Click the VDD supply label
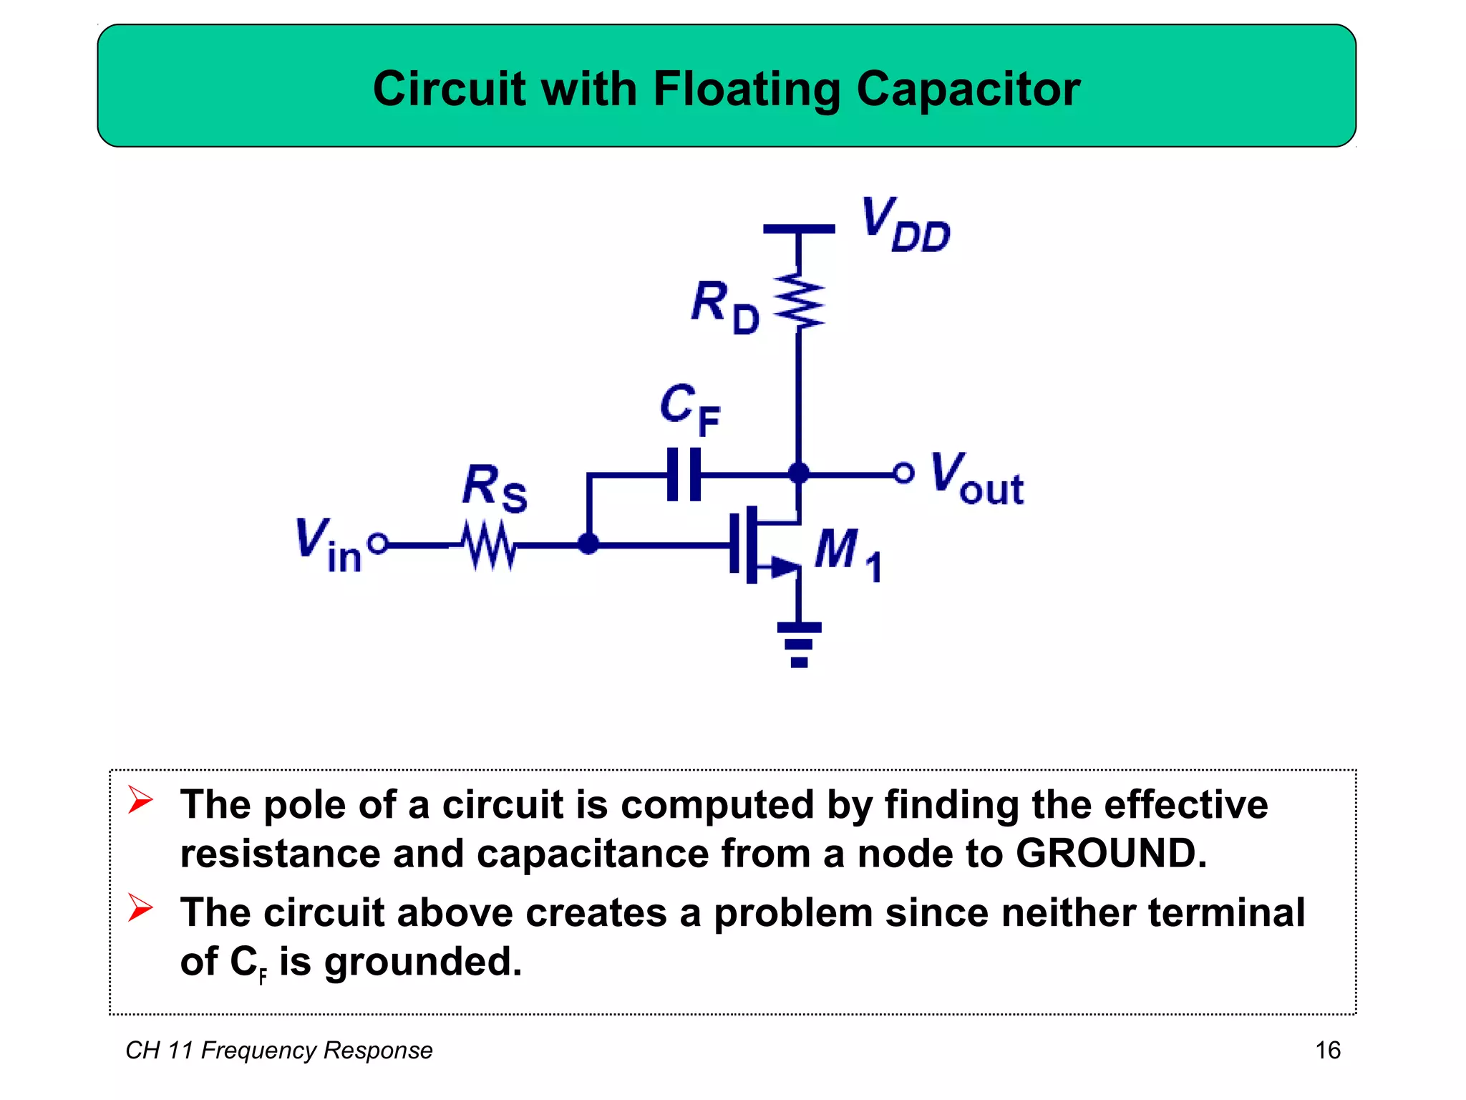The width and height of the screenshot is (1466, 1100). (x=906, y=225)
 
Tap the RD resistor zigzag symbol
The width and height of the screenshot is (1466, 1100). (x=799, y=300)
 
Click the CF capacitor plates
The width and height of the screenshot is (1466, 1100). (x=684, y=474)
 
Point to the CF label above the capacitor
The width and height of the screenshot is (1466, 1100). (x=689, y=409)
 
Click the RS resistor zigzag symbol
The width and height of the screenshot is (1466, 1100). (x=488, y=546)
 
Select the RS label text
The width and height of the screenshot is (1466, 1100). (x=494, y=488)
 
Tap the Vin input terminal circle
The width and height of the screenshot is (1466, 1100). (x=378, y=544)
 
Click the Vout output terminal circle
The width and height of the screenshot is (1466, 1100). (x=903, y=473)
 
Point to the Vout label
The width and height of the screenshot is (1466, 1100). (x=976, y=479)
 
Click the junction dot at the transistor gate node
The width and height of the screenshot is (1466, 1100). (x=588, y=544)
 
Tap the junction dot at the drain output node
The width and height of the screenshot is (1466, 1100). (x=798, y=473)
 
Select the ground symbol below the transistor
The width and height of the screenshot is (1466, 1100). (x=799, y=644)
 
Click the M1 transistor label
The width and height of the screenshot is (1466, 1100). (x=848, y=554)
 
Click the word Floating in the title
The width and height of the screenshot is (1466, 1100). (x=747, y=90)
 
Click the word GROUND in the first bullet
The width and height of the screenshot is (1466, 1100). (x=1110, y=854)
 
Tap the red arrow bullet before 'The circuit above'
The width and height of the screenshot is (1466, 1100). (x=140, y=908)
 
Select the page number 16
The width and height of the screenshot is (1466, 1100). (x=1327, y=1050)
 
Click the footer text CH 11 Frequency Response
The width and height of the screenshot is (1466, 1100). (x=278, y=1050)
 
